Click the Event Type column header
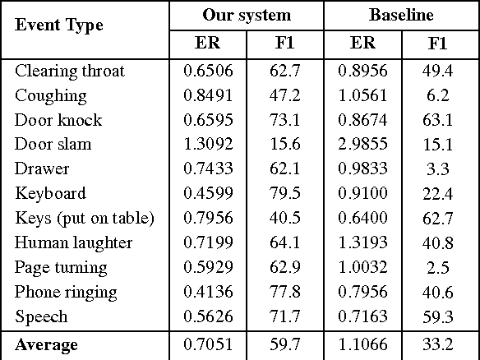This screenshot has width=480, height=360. click(59, 25)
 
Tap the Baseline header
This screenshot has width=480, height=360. click(402, 15)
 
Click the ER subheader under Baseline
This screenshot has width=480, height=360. click(362, 43)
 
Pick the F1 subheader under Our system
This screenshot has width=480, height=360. click(284, 43)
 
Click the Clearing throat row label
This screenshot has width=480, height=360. click(70, 71)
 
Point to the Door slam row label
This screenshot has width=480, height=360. click(53, 145)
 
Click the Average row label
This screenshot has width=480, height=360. click(46, 345)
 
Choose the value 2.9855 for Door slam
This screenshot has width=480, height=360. click(362, 145)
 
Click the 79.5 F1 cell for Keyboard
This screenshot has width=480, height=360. click(284, 194)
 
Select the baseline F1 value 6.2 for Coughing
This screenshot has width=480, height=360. click(441, 95)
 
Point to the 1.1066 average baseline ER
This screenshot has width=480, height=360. click(362, 345)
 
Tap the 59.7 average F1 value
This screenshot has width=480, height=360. click(284, 345)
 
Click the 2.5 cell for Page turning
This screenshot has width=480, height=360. click(441, 268)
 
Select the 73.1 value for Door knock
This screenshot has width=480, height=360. click(284, 120)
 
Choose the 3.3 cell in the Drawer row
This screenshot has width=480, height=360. click(441, 169)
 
